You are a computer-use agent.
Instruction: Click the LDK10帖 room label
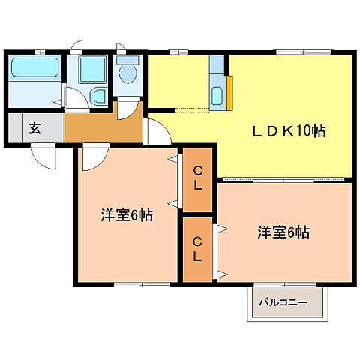pyautogui.click(x=288, y=131)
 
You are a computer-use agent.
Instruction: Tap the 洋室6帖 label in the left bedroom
pyautogui.click(x=127, y=215)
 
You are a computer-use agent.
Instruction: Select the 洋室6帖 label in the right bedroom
pyautogui.click(x=283, y=232)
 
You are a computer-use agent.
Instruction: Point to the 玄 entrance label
pyautogui.click(x=34, y=127)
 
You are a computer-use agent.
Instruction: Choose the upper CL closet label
pyautogui.click(x=197, y=178)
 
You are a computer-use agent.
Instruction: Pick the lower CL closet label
pyautogui.click(x=197, y=249)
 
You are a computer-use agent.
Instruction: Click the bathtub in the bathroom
pyautogui.click(x=33, y=72)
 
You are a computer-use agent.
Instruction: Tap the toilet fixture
pyautogui.click(x=127, y=72)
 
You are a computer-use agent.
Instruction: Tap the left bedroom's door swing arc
pyautogui.click(x=94, y=157)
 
